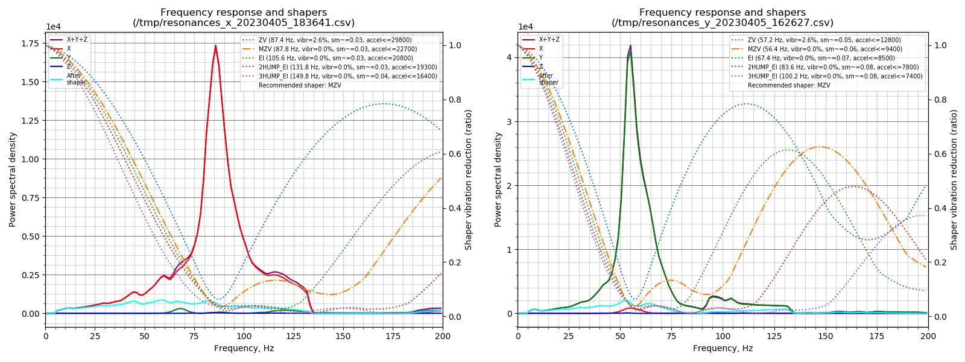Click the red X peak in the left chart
tap(215, 46)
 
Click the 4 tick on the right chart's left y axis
tap(509, 57)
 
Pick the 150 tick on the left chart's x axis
tap(344, 336)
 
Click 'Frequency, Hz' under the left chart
tap(244, 348)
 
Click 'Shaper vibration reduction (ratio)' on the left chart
tap(469, 180)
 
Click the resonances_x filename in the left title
tap(244, 23)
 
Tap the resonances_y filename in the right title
tap(723, 23)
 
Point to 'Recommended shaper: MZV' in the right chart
tap(789, 85)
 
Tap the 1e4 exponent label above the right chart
tap(526, 27)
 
